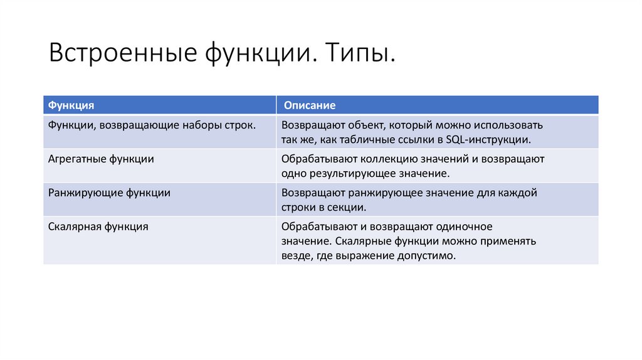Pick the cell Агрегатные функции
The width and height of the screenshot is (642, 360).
point(101,159)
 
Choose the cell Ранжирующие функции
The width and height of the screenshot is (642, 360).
point(109,193)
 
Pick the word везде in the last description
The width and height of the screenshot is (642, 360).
point(294,255)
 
